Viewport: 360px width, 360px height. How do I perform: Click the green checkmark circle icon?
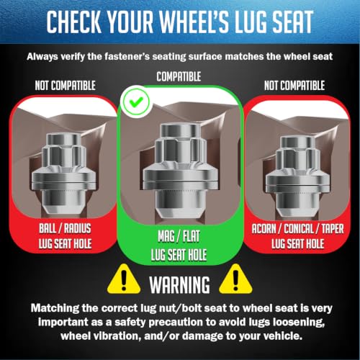[x=136, y=102]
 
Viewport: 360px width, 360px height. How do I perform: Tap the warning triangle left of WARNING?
[x=124, y=280]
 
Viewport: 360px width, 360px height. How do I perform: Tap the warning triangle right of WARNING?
[x=235, y=280]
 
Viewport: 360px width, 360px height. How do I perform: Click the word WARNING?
[x=179, y=285]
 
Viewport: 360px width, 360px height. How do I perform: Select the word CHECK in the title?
[x=74, y=22]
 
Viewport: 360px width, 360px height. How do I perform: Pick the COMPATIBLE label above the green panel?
[x=179, y=76]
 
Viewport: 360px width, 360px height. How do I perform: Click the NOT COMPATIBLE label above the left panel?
[x=66, y=86]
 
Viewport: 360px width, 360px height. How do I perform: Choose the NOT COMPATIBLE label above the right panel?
[x=294, y=86]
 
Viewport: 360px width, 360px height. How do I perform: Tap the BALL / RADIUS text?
[x=65, y=228]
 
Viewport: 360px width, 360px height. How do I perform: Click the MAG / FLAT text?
[x=179, y=236]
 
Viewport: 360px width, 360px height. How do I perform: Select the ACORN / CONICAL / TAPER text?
[x=297, y=229]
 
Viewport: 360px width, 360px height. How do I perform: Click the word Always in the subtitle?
[x=42, y=57]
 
